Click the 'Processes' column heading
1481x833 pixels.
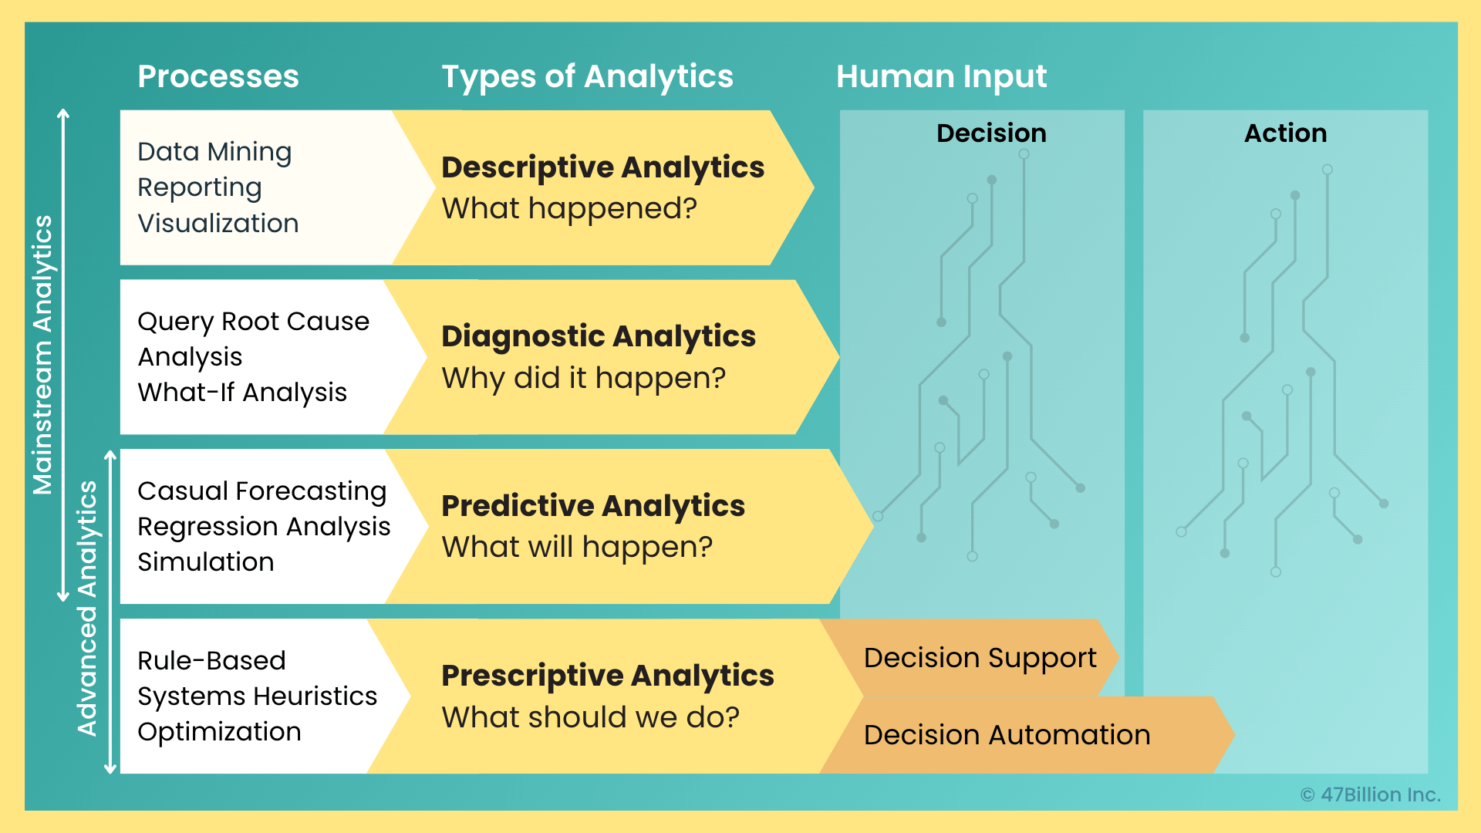coord(218,76)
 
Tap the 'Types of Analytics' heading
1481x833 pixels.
coord(587,76)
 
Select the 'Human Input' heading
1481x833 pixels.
coord(941,76)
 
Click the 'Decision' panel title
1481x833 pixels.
coord(991,133)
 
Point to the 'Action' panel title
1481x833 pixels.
coord(1285,133)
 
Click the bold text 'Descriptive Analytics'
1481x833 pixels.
coord(602,167)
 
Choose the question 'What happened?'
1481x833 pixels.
coord(569,208)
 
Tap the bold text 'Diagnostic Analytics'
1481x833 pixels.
coord(599,336)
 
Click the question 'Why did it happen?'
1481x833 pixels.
coord(584,378)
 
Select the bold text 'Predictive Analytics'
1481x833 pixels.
coord(593,506)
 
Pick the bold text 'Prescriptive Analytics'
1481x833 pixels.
coord(608,676)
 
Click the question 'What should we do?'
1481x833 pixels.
coord(590,717)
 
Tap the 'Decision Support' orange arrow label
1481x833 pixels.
coord(980,658)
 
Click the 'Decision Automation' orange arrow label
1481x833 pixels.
coord(1007,735)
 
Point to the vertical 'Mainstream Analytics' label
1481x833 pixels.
coord(42,355)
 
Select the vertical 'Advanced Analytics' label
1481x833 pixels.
coord(87,609)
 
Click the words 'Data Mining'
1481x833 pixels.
coord(214,152)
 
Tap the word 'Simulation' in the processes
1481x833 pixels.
coord(205,562)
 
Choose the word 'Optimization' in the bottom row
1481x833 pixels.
coord(219,732)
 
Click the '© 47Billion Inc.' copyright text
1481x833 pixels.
coord(1370,794)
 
